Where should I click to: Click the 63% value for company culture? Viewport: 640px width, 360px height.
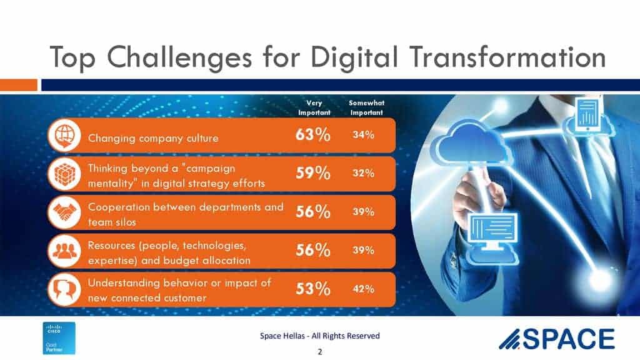click(x=312, y=135)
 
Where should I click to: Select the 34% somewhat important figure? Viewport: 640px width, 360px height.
click(x=363, y=135)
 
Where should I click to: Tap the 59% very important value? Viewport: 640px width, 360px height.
click(x=312, y=173)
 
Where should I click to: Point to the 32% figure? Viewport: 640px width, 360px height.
click(x=363, y=173)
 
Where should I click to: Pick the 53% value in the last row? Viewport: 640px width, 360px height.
click(x=312, y=289)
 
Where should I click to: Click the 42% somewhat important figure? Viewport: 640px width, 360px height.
click(x=363, y=289)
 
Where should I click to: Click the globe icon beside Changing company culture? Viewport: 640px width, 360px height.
click(x=64, y=136)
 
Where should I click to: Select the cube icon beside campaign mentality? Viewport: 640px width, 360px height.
click(x=64, y=174)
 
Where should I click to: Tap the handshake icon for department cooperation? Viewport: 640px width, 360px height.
click(x=64, y=212)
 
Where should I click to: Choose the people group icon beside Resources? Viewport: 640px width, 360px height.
click(x=64, y=251)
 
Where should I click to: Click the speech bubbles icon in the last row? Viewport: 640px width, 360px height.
click(x=64, y=289)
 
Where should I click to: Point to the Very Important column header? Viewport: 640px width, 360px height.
click(x=314, y=107)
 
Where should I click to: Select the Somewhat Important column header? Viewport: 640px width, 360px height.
click(x=366, y=107)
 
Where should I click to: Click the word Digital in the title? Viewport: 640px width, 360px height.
click(x=354, y=57)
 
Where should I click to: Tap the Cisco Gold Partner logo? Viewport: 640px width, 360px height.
click(x=59, y=338)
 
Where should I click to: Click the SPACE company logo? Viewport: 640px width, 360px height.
click(x=557, y=339)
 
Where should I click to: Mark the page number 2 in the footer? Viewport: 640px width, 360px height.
click(x=320, y=351)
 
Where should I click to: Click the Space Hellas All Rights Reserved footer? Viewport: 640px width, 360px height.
click(x=319, y=336)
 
